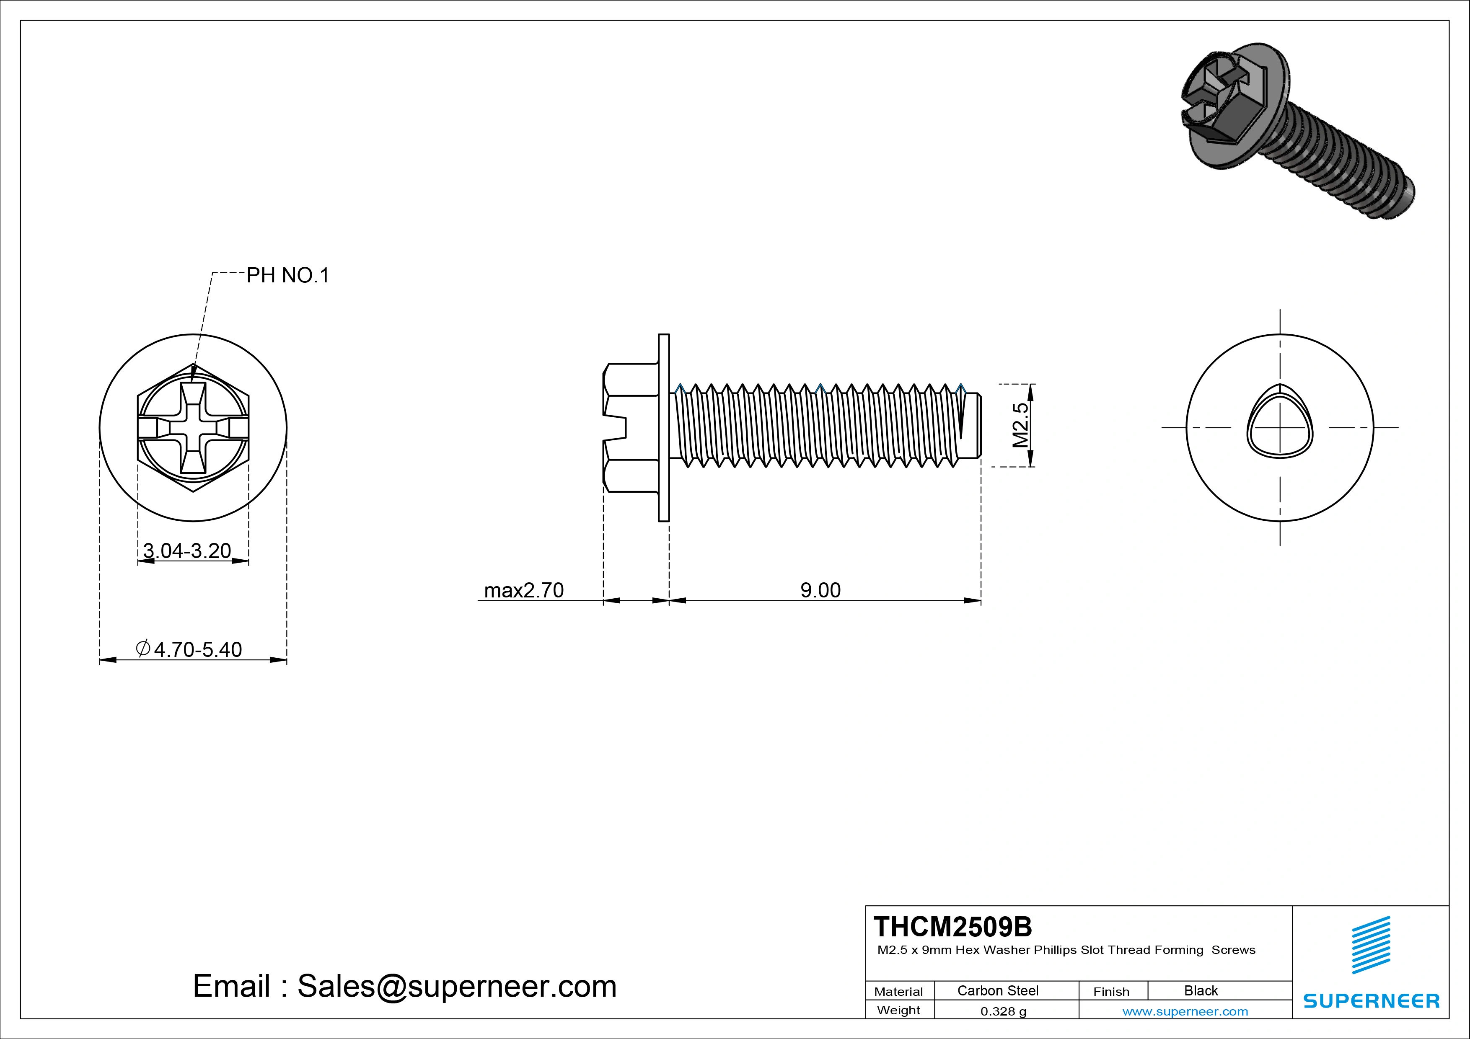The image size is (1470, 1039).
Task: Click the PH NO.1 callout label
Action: (287, 275)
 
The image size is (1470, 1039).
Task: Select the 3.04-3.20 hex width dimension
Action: (187, 551)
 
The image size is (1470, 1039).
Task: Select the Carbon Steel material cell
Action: (997, 990)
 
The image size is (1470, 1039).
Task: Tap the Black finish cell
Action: (1201, 990)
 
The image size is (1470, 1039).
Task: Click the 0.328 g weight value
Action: (1003, 1011)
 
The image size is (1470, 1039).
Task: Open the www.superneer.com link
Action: (1185, 1011)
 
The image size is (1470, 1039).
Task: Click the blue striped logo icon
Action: (1371, 945)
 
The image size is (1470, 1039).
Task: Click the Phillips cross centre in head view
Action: (193, 428)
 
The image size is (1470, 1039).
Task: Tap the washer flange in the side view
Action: (663, 428)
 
